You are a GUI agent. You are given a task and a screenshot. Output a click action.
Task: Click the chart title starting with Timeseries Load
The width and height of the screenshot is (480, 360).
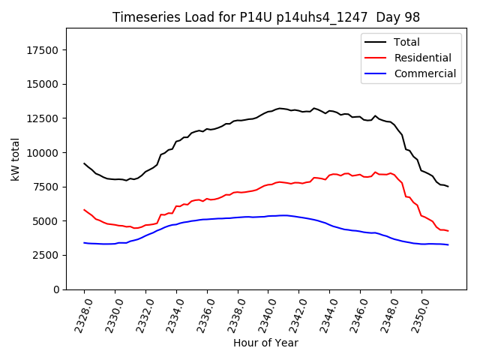[x=265, y=17]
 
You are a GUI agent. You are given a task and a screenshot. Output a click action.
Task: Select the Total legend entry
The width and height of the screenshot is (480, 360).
[x=406, y=42]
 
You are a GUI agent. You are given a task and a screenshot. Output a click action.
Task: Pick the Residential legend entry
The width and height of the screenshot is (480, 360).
[x=422, y=58]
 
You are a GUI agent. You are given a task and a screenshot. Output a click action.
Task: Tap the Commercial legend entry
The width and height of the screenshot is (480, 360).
[x=424, y=73]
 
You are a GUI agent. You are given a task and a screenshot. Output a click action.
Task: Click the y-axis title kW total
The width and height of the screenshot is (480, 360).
[x=15, y=158]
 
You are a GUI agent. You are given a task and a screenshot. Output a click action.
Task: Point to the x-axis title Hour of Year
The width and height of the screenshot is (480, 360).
[x=265, y=343]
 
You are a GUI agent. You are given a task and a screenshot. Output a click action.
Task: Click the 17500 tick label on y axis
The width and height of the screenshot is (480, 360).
[x=42, y=50]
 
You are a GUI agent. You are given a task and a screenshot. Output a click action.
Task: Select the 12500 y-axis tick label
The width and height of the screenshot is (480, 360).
[x=42, y=118]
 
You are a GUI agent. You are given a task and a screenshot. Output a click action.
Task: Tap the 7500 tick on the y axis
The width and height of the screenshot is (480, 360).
[x=45, y=187]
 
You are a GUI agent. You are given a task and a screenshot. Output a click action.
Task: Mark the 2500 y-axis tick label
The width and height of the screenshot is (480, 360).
[x=45, y=255]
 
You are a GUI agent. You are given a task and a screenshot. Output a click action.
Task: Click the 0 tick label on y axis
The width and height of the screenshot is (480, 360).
[x=55, y=289]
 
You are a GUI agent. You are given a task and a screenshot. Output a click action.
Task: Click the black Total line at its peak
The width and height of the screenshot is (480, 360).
[x=280, y=108]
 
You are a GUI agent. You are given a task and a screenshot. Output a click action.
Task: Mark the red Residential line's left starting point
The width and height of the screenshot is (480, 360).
[x=84, y=209]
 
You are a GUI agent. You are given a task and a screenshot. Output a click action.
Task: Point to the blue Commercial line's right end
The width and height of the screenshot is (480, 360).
[x=448, y=245]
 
